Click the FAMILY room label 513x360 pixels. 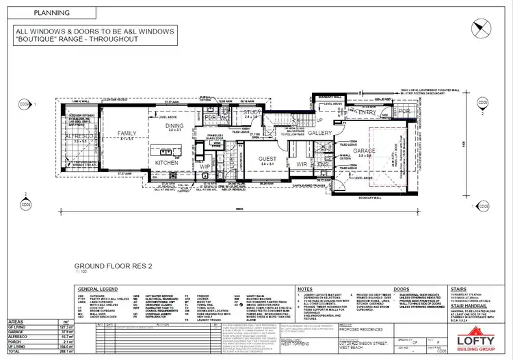[x=127, y=133]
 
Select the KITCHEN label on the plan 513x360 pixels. [x=167, y=162]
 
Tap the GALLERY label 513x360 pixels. [x=319, y=133]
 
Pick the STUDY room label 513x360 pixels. [x=252, y=112]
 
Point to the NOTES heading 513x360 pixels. [x=306, y=290]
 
